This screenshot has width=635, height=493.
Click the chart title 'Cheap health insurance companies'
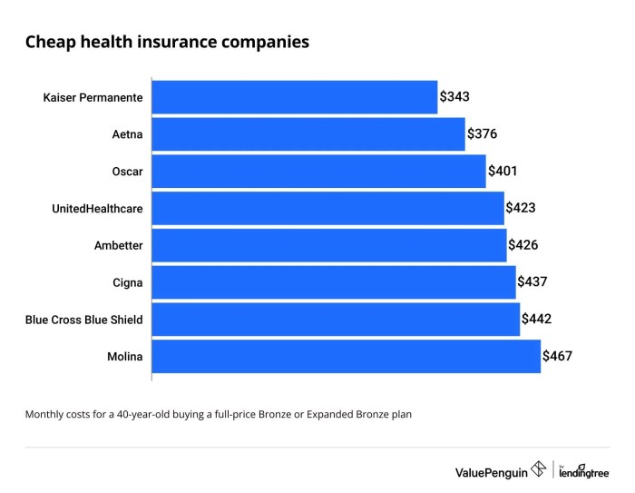[166, 43]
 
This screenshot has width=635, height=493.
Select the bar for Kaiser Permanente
[295, 97]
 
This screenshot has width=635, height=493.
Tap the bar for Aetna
[308, 134]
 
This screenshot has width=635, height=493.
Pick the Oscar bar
[318, 171]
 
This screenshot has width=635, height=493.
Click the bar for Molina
[347, 356]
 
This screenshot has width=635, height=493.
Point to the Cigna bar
[333, 282]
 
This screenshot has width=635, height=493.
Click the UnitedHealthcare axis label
[98, 208]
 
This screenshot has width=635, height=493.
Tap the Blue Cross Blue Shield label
[84, 320]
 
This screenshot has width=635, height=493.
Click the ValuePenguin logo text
[491, 471]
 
